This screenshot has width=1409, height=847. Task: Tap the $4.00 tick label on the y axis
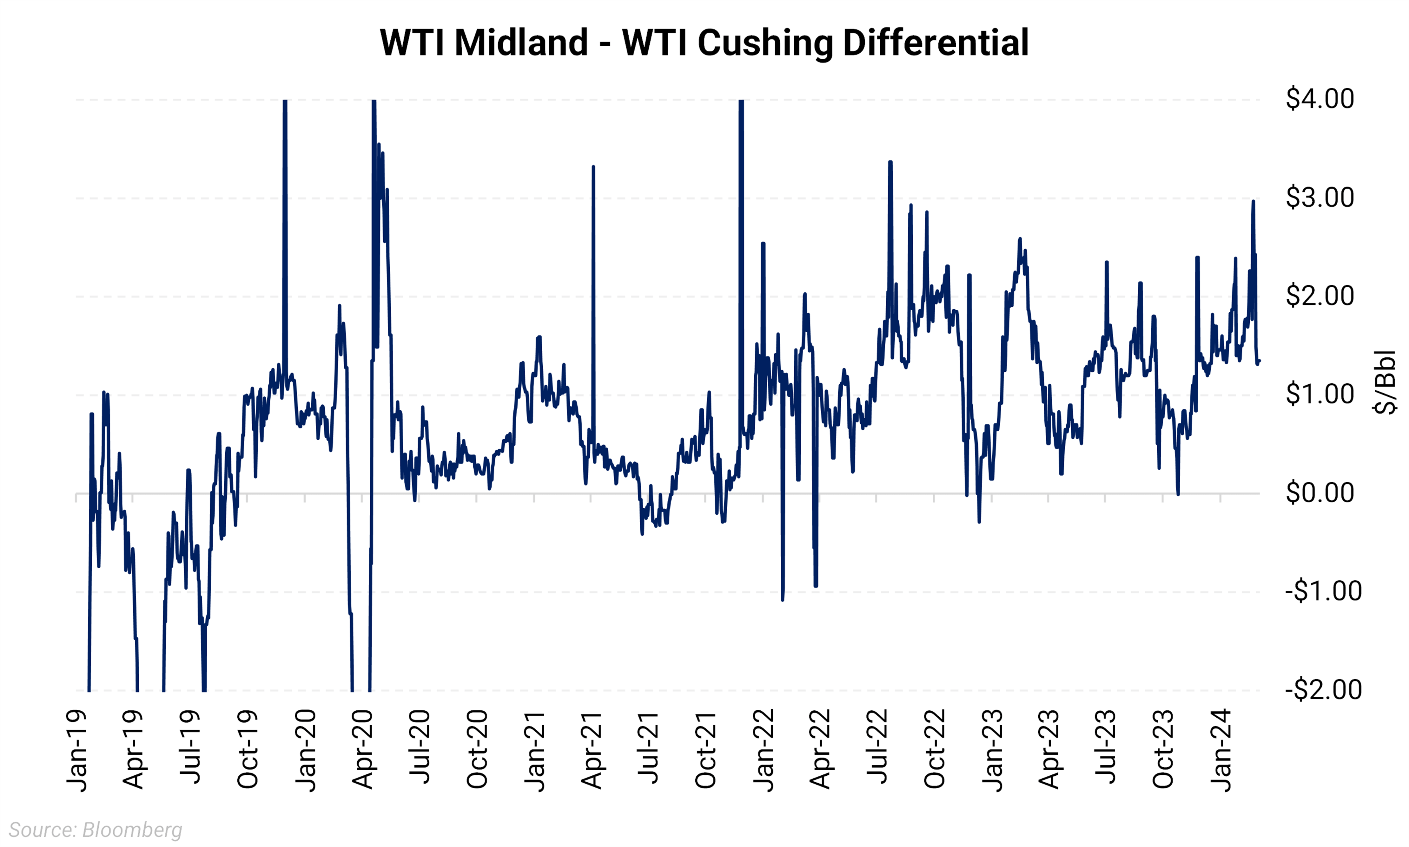[x=1319, y=99]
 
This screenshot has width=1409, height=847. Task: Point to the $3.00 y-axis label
[x=1319, y=198]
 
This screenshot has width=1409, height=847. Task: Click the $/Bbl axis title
[x=1385, y=382]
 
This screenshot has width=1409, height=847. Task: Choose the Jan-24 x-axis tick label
[x=1220, y=751]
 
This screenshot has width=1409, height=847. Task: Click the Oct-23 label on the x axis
[x=1163, y=749]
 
